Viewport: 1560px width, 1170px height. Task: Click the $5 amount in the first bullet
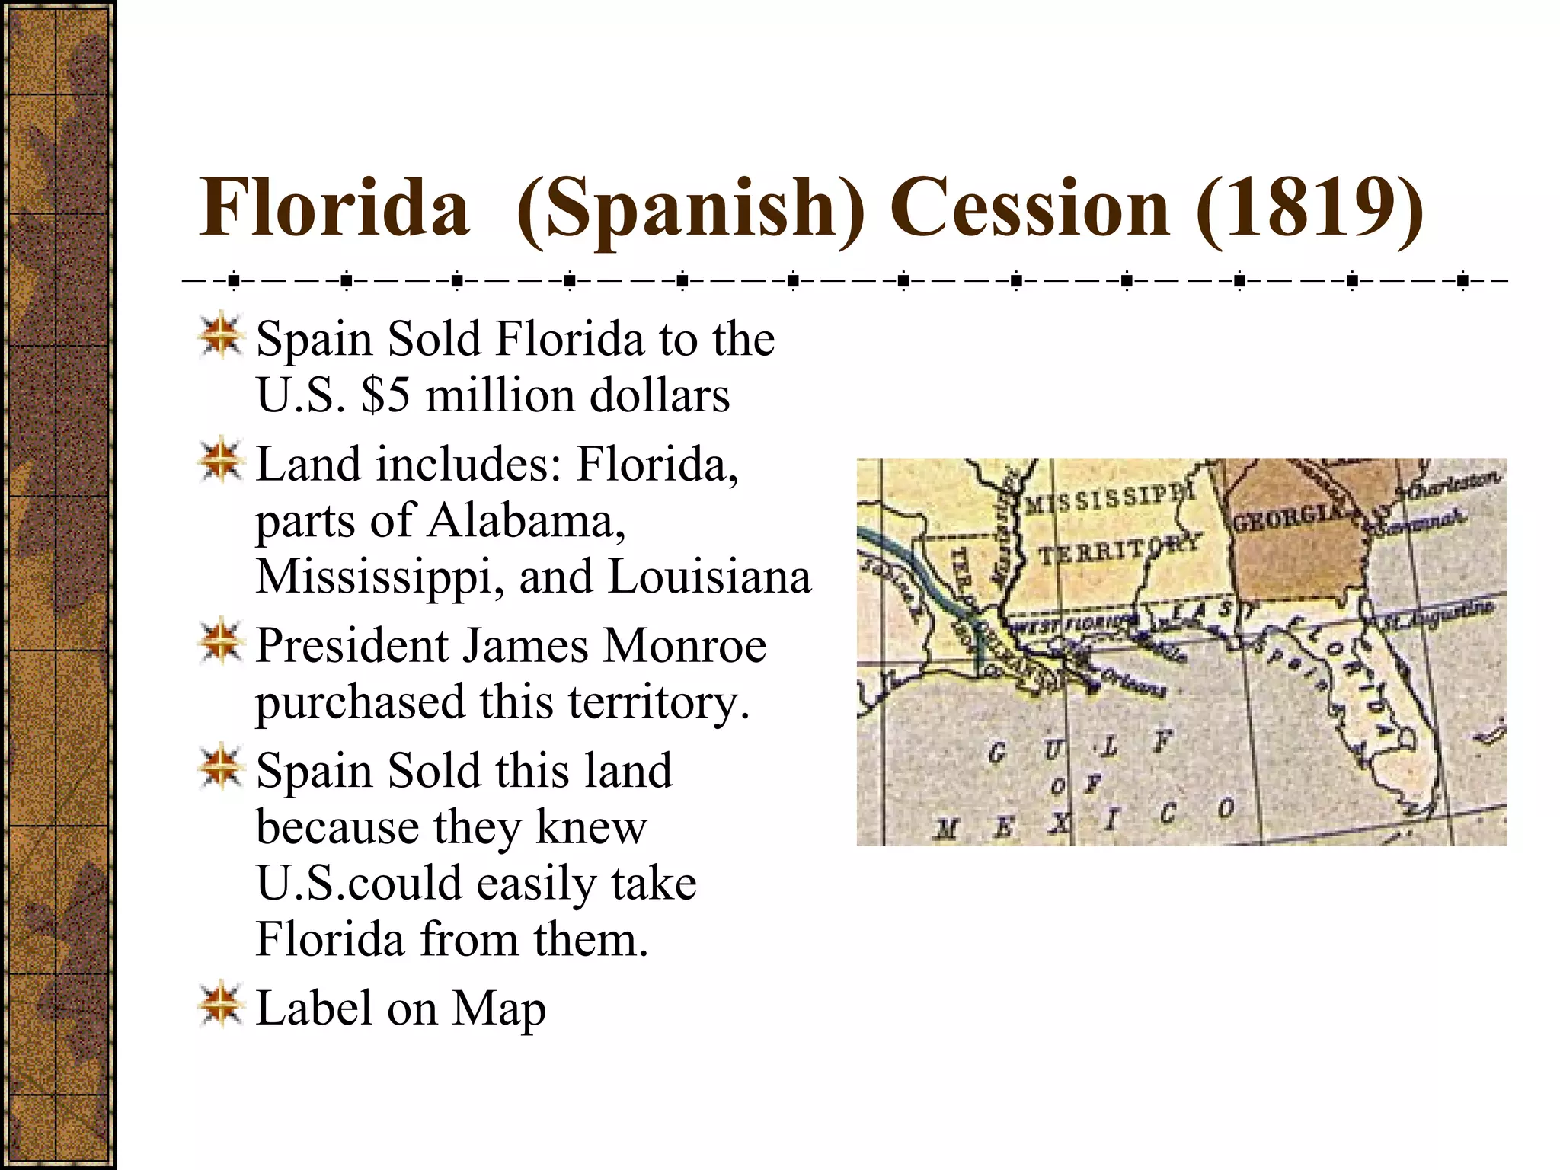click(x=385, y=395)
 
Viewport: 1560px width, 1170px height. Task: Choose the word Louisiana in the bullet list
click(x=709, y=577)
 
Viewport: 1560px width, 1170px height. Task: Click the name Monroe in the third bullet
click(x=684, y=646)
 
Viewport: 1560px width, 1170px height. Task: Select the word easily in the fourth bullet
click(x=537, y=884)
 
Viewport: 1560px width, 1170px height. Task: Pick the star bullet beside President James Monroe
click(x=221, y=641)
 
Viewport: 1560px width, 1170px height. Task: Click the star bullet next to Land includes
click(x=221, y=461)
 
